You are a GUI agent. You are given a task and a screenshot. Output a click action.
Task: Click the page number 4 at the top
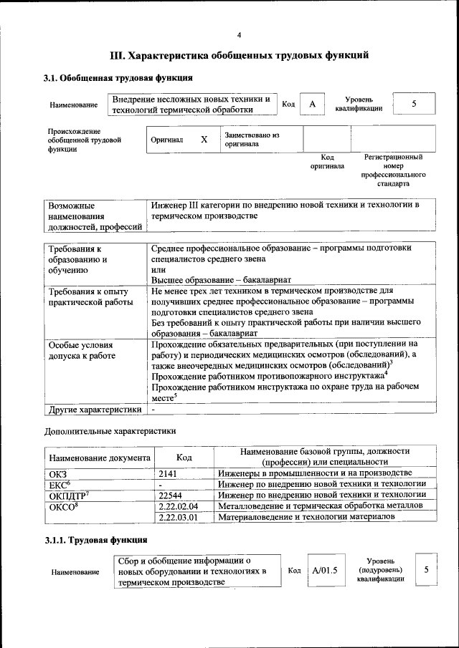click(240, 35)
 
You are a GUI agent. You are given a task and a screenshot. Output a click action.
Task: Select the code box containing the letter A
click(312, 105)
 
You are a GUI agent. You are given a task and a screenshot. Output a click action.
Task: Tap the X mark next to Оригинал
click(204, 140)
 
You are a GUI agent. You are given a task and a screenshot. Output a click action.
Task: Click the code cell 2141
click(169, 473)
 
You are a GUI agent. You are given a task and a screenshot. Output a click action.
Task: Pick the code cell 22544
click(171, 495)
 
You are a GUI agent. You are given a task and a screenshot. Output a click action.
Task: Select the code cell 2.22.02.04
click(178, 506)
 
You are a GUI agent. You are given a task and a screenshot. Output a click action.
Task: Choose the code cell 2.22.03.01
click(178, 516)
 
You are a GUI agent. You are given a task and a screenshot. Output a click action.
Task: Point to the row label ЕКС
click(59, 484)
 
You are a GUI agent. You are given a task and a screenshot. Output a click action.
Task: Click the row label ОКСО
click(62, 506)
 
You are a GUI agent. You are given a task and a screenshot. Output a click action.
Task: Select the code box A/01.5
click(325, 571)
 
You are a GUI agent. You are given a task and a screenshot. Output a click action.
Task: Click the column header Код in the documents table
click(184, 457)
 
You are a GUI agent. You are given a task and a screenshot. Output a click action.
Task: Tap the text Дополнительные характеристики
click(110, 431)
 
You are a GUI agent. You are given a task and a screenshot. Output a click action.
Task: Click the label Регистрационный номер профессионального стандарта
click(393, 170)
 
